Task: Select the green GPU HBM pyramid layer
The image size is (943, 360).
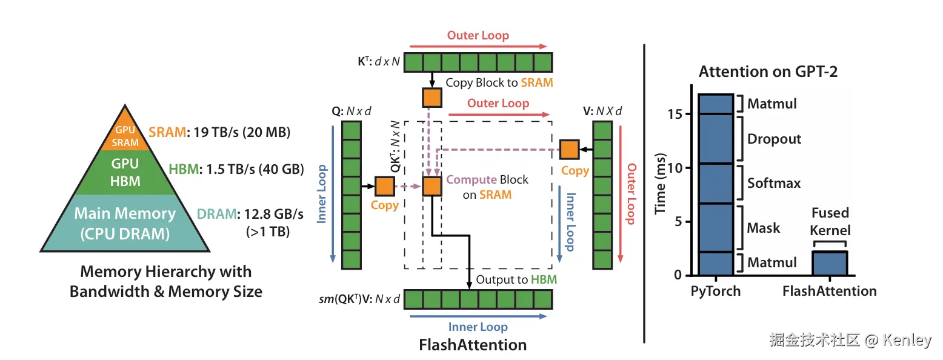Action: [125, 172]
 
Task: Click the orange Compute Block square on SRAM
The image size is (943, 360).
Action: [432, 186]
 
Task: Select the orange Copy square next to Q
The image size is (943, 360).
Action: [384, 186]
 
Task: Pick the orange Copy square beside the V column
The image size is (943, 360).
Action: [568, 148]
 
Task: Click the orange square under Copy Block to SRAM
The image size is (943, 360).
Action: [432, 97]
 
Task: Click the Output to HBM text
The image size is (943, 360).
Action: [516, 279]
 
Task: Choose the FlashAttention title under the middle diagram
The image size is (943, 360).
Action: [473, 345]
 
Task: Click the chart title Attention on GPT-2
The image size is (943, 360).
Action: [768, 72]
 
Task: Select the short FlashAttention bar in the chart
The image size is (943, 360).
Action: [829, 263]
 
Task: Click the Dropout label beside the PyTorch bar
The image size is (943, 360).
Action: [774, 139]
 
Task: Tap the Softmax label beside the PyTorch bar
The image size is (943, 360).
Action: [774, 182]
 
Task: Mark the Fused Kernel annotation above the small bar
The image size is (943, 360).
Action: [830, 221]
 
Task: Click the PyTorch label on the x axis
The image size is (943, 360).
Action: [716, 291]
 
